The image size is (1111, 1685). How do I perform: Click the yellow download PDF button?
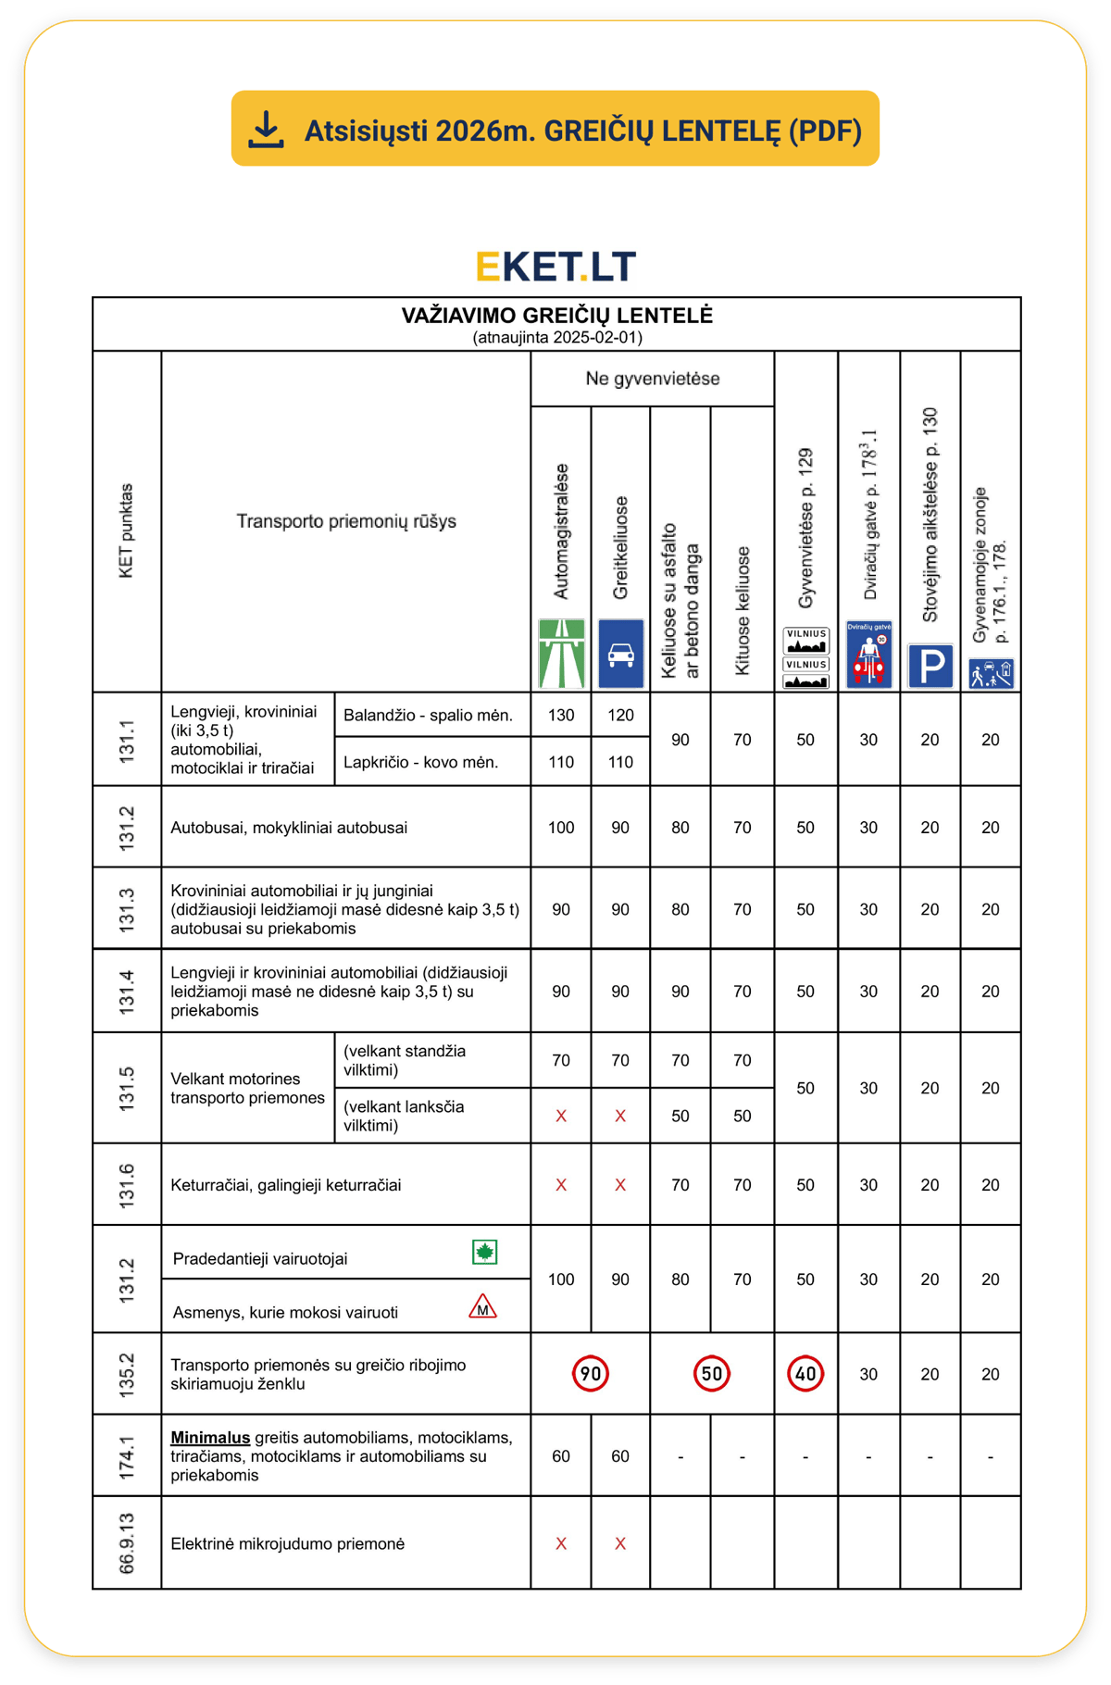point(555,129)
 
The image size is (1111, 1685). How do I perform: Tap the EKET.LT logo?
point(555,267)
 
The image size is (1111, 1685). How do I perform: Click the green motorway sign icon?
point(561,654)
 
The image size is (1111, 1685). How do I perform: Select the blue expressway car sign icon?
point(620,654)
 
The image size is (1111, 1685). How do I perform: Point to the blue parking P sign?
point(930,666)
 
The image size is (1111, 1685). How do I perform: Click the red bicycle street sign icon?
point(868,655)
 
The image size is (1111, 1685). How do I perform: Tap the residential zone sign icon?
point(991,673)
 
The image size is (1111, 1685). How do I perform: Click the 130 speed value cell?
point(561,716)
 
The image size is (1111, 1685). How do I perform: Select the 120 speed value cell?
point(620,716)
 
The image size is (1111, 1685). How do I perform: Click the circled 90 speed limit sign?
point(591,1374)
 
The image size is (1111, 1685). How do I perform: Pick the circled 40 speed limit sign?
point(805,1374)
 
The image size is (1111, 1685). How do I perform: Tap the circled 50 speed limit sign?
point(711,1374)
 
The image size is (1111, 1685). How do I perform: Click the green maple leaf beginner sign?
point(484,1253)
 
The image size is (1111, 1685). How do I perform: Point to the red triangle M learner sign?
point(482,1307)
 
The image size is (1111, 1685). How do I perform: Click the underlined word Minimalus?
point(210,1438)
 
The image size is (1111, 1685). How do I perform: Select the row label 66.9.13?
point(127,1543)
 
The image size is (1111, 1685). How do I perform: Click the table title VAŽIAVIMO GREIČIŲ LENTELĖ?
point(556,316)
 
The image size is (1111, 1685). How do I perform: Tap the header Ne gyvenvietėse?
point(652,379)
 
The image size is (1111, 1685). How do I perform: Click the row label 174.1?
point(127,1455)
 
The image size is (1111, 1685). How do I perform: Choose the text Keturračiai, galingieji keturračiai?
point(286,1185)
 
